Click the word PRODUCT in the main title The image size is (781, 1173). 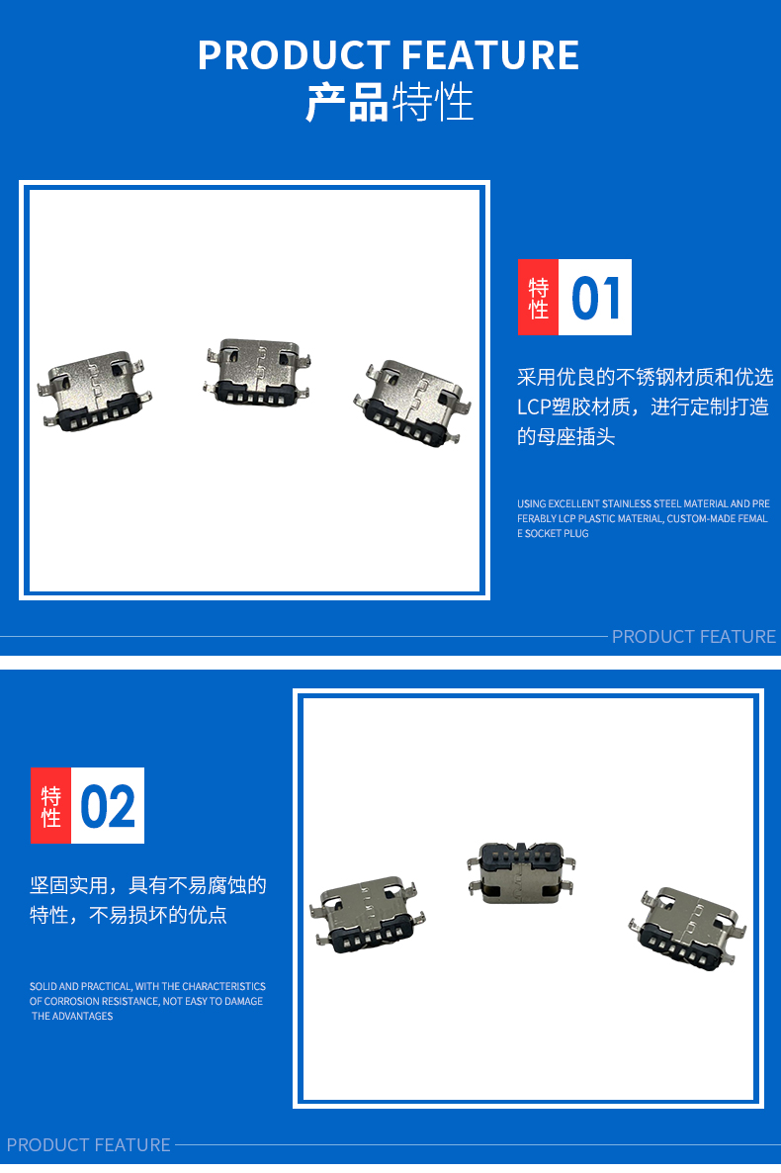pyautogui.click(x=293, y=55)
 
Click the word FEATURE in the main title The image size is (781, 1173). pyautogui.click(x=490, y=55)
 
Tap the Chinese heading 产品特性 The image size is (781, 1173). pyautogui.click(x=390, y=103)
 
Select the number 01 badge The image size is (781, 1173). pyautogui.click(x=595, y=297)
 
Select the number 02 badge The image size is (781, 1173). pyautogui.click(x=108, y=806)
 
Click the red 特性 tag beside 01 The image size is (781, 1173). pyautogui.click(x=538, y=297)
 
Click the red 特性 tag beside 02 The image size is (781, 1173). pyautogui.click(x=50, y=806)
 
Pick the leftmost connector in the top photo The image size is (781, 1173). pyautogui.click(x=94, y=392)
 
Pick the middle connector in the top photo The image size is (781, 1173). pyautogui.click(x=257, y=372)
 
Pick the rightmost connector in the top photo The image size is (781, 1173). pyautogui.click(x=412, y=403)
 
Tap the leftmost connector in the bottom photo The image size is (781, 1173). pyautogui.click(x=368, y=914)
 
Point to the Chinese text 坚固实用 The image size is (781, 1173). pyautogui.click(x=69, y=886)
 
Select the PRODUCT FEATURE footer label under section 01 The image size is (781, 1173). pyautogui.click(x=693, y=637)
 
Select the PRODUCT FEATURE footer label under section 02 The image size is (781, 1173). pyautogui.click(x=88, y=1145)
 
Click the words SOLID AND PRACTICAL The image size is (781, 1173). pyautogui.click(x=80, y=986)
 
